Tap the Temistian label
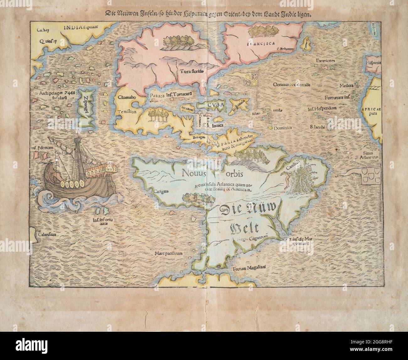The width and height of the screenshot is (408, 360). pos(127,112)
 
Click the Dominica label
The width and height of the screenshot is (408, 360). pos(283,128)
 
